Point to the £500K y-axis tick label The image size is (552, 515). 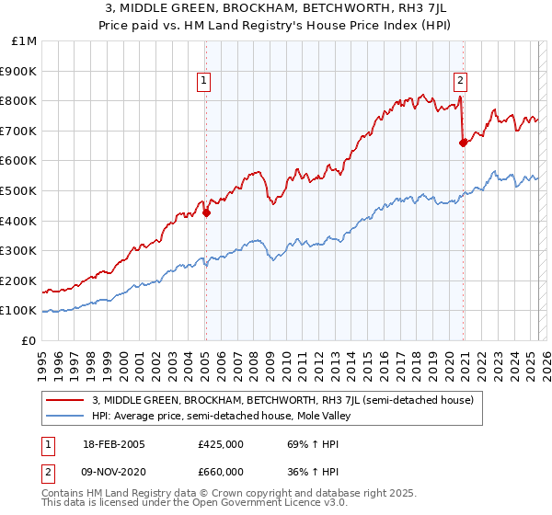19,190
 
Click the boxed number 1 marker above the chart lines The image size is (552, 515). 203,81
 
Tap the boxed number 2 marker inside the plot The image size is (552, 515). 460,81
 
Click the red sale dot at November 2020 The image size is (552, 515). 463,143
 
